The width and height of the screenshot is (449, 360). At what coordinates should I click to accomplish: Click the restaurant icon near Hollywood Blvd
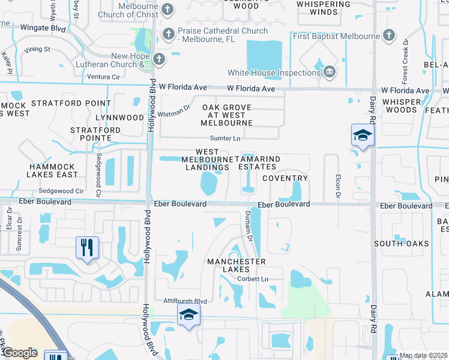click(x=88, y=247)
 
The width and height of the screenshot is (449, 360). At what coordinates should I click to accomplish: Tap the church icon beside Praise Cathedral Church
click(x=167, y=31)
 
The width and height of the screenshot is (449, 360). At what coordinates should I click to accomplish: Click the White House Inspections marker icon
click(x=329, y=73)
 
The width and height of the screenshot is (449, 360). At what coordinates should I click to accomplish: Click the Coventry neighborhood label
click(x=285, y=178)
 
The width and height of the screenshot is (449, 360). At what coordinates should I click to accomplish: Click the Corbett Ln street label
click(x=252, y=279)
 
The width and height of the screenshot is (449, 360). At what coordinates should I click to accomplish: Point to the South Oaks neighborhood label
click(x=402, y=243)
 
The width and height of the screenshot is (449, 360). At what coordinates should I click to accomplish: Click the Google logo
click(x=20, y=353)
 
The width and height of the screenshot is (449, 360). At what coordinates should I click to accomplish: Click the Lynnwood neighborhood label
click(x=122, y=118)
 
